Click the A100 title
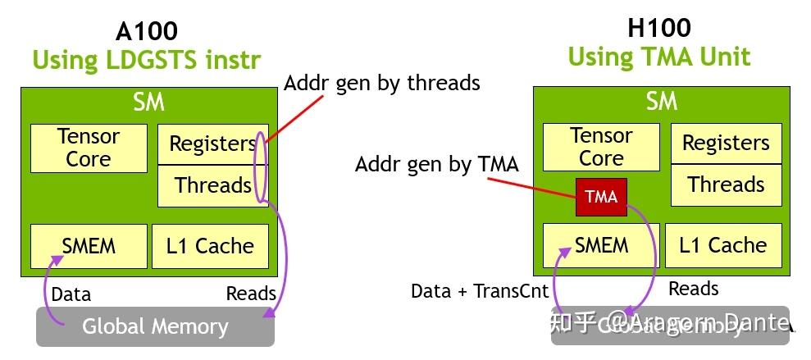pyautogui.click(x=147, y=31)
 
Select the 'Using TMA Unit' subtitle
pyautogui.click(x=658, y=57)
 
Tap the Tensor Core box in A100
pyautogui.click(x=89, y=148)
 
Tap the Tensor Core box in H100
pyautogui.click(x=601, y=147)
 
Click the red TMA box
pyautogui.click(x=601, y=197)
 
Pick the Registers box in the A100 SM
pyautogui.click(x=212, y=144)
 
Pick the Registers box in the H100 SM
pyautogui.click(x=725, y=144)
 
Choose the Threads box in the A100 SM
pyautogui.click(x=212, y=185)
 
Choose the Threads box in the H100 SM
pyautogui.click(x=725, y=185)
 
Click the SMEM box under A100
pyautogui.click(x=89, y=246)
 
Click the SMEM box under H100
pyautogui.click(x=601, y=245)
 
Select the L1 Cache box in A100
pyautogui.click(x=210, y=246)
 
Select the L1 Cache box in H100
pyautogui.click(x=723, y=245)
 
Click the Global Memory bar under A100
pyautogui.click(x=155, y=326)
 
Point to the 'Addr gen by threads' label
pyautogui.click(x=381, y=83)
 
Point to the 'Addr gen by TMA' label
pyautogui.click(x=436, y=164)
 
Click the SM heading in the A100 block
pyautogui.click(x=148, y=102)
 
